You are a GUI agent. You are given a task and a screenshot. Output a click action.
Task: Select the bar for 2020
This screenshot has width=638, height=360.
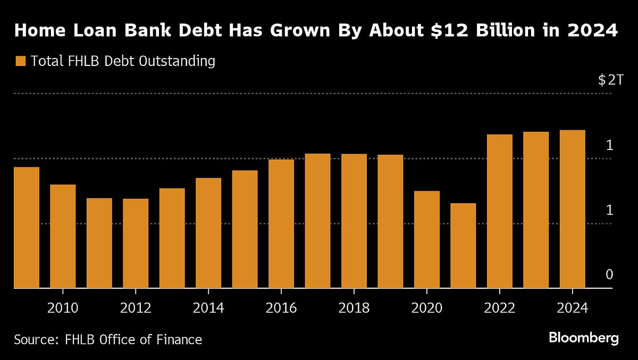427,239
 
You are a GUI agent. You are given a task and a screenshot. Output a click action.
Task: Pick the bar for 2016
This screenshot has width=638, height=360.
281,224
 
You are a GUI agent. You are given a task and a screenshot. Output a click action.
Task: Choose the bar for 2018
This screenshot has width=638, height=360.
354,221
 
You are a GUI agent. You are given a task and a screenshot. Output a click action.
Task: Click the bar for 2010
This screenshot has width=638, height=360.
63,236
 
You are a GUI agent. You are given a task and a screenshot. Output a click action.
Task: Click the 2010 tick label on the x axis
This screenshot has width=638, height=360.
63,307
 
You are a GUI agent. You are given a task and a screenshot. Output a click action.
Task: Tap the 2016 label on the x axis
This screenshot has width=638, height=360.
281,307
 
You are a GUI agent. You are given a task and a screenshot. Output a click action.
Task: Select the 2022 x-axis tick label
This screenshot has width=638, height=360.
500,307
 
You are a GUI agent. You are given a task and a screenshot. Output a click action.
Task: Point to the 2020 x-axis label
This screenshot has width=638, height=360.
427,307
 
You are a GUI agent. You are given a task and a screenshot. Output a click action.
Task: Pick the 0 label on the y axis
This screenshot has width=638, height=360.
609,274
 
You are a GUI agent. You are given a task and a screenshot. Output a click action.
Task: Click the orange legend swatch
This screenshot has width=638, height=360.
20,61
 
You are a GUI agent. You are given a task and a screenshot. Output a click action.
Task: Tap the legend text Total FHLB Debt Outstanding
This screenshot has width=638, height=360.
123,61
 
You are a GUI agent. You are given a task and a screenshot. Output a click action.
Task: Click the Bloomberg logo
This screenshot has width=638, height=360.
584,338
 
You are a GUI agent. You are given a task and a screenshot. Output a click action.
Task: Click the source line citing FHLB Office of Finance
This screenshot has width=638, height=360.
108,339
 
